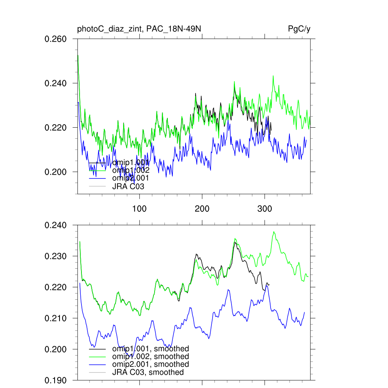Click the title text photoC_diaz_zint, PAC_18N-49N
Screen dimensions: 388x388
pos(139,29)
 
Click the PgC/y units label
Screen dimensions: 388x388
pos(299,29)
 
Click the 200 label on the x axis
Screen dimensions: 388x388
pos(202,209)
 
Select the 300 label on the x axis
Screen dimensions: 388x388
pos(264,209)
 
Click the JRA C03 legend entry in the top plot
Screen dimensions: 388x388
pos(128,186)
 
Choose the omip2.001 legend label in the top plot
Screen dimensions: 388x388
pos(130,178)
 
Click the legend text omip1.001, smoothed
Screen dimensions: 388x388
pos(150,349)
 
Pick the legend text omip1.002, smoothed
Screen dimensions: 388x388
pos(150,357)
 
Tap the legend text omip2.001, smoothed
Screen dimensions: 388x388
pos(150,365)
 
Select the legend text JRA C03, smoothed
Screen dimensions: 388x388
pos(148,372)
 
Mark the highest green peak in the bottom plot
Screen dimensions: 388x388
pos(274,232)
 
